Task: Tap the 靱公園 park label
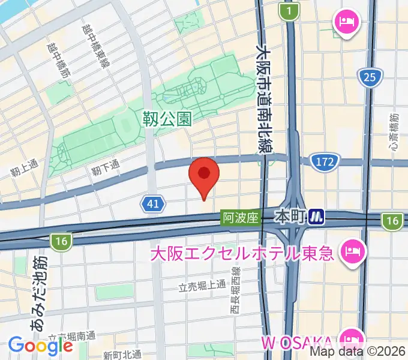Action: click(x=167, y=118)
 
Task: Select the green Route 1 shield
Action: click(x=290, y=11)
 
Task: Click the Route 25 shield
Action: click(x=370, y=76)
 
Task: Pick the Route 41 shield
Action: click(x=154, y=204)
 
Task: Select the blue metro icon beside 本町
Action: click(x=317, y=217)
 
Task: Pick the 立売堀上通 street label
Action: click(x=202, y=285)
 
